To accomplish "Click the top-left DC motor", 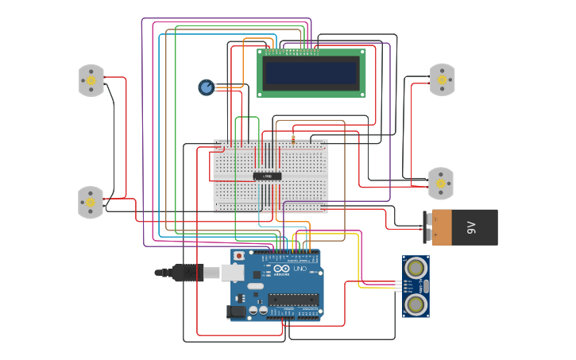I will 91,80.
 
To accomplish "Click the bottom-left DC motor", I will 91,203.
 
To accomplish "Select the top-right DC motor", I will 442,79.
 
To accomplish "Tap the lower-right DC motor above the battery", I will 440,184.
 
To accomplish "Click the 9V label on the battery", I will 471,227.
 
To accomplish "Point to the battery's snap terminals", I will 427,227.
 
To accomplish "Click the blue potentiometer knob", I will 207,87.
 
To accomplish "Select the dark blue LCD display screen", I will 311,73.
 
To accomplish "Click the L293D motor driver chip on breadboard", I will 267,176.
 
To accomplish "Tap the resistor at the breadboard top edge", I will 293,140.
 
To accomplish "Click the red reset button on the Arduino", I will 238,257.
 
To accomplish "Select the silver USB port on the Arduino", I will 232,273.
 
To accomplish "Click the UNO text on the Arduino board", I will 300,269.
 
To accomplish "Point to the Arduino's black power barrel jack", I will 236,312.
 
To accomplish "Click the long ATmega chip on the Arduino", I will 293,300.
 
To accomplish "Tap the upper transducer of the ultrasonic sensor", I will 415,269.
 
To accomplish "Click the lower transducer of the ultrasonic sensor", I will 415,304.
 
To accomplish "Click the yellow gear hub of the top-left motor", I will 91,81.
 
